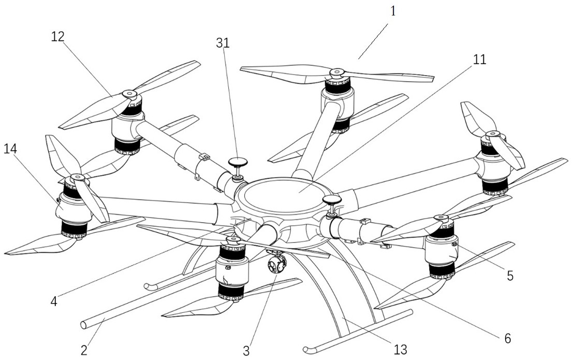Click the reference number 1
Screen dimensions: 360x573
tap(393, 11)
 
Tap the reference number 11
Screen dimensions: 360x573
tap(479, 60)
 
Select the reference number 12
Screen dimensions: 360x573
tap(58, 36)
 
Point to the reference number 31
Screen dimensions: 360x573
tap(222, 43)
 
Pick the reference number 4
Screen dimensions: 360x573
tap(54, 300)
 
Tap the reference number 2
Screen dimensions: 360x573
tap(84, 350)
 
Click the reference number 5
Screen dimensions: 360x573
tap(510, 276)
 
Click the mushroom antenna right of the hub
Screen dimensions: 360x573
tap(331, 201)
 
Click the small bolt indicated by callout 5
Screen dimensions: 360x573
tap(454, 243)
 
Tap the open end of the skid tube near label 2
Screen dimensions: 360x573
tap(84, 325)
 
